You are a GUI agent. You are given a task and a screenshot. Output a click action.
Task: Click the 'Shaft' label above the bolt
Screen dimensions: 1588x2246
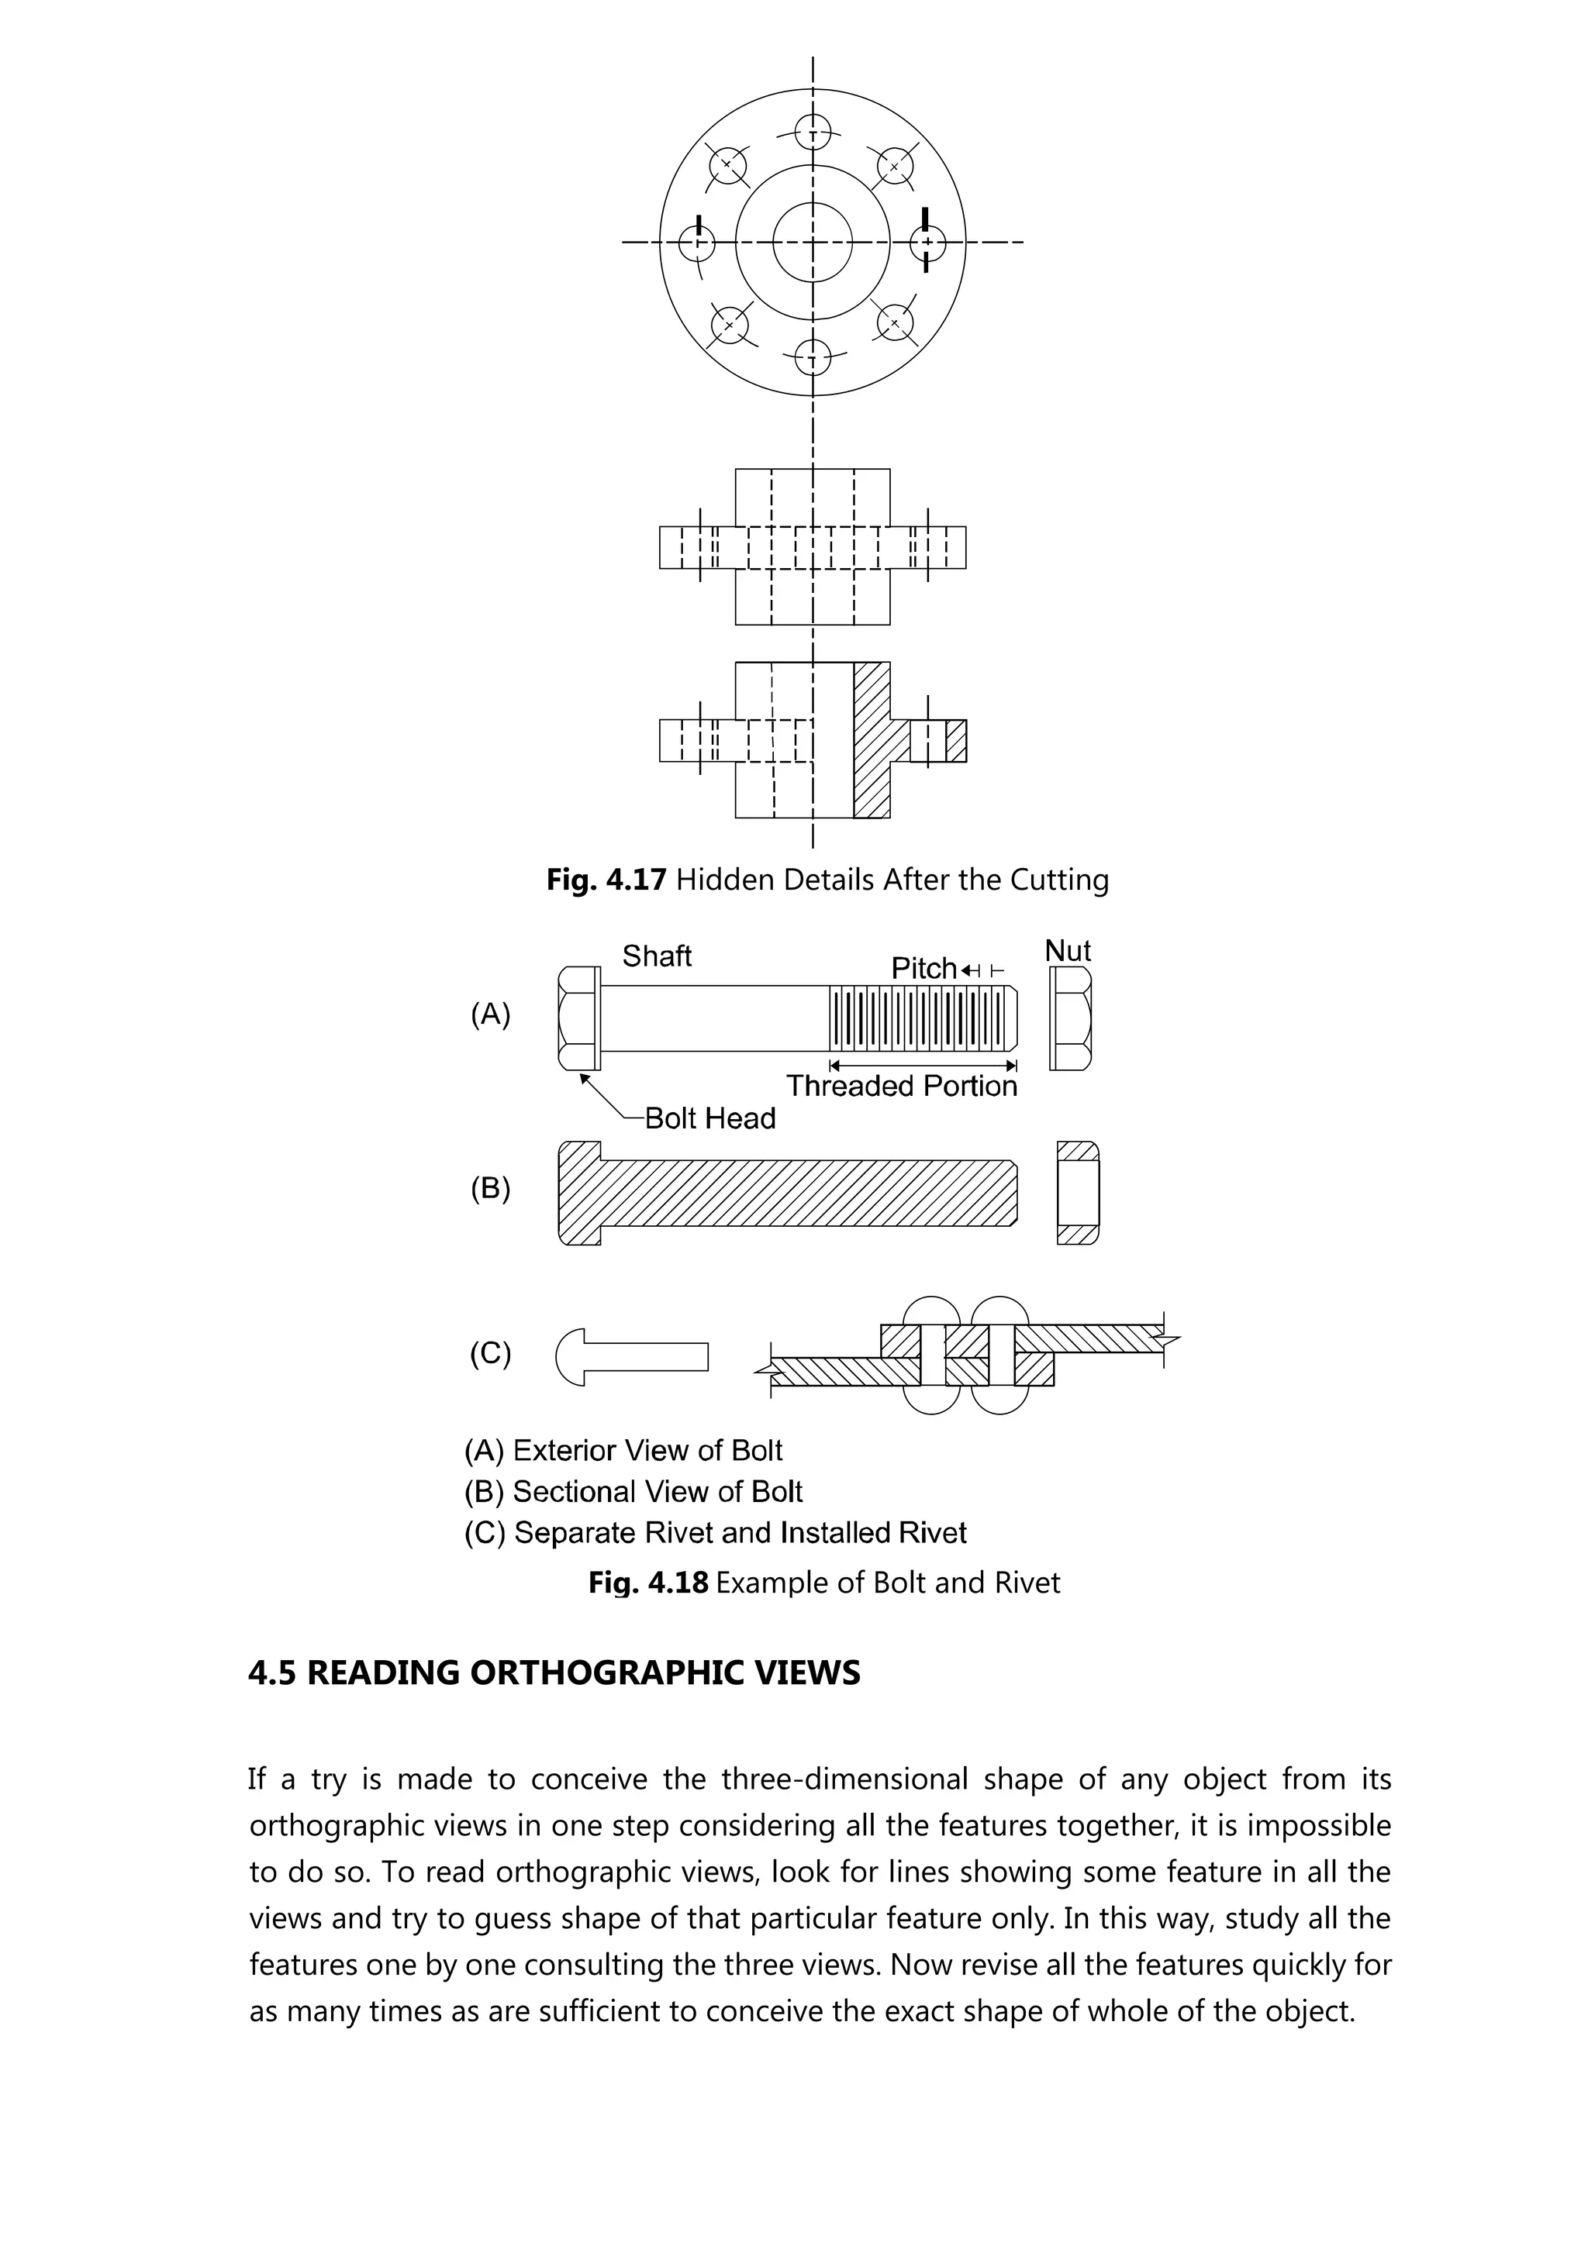657,956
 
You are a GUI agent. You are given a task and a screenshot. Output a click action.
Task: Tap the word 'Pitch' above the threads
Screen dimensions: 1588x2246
923,969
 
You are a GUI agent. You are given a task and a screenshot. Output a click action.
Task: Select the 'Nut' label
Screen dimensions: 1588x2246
1068,951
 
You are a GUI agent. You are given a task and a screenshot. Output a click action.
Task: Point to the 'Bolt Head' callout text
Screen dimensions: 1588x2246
710,1118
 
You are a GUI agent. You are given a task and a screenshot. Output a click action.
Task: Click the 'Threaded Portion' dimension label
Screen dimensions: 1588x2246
901,1086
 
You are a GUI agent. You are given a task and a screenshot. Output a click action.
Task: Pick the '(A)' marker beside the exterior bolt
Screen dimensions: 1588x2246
490,1014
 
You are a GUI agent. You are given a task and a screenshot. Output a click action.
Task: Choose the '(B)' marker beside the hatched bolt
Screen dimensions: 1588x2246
490,1189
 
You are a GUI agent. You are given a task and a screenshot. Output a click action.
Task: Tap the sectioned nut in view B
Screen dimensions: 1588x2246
1077,1193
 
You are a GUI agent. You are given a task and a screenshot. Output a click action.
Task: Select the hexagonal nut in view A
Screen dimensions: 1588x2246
1070,1018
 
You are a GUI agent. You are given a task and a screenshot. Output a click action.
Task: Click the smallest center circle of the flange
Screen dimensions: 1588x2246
812,242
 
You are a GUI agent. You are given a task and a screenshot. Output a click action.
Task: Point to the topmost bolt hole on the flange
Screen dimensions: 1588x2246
812,130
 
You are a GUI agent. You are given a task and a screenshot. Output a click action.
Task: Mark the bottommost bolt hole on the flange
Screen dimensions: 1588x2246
812,355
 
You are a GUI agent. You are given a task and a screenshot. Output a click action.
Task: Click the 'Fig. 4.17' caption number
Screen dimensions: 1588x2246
606,880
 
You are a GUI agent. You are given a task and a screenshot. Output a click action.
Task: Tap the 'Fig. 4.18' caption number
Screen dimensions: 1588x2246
647,1582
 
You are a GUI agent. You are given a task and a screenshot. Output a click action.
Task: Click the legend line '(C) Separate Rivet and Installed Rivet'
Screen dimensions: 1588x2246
715,1532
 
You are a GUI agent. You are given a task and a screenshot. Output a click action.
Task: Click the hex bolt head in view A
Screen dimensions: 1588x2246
579,1018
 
